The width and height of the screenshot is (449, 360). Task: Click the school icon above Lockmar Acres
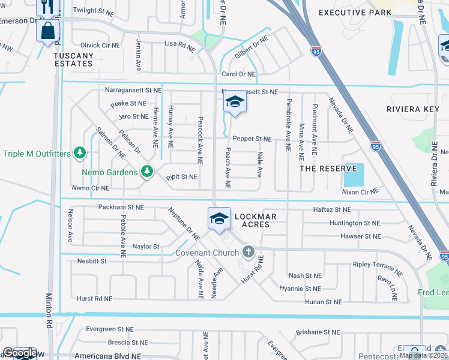coord(219,219)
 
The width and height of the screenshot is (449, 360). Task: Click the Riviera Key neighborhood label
coord(414,110)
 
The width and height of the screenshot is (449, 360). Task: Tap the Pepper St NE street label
coord(252,139)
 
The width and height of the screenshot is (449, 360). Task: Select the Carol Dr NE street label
coord(239,74)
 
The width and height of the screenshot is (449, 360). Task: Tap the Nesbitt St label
coord(92,261)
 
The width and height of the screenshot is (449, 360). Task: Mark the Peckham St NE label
coord(120,207)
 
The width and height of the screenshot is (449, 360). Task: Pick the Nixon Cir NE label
coord(360,191)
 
